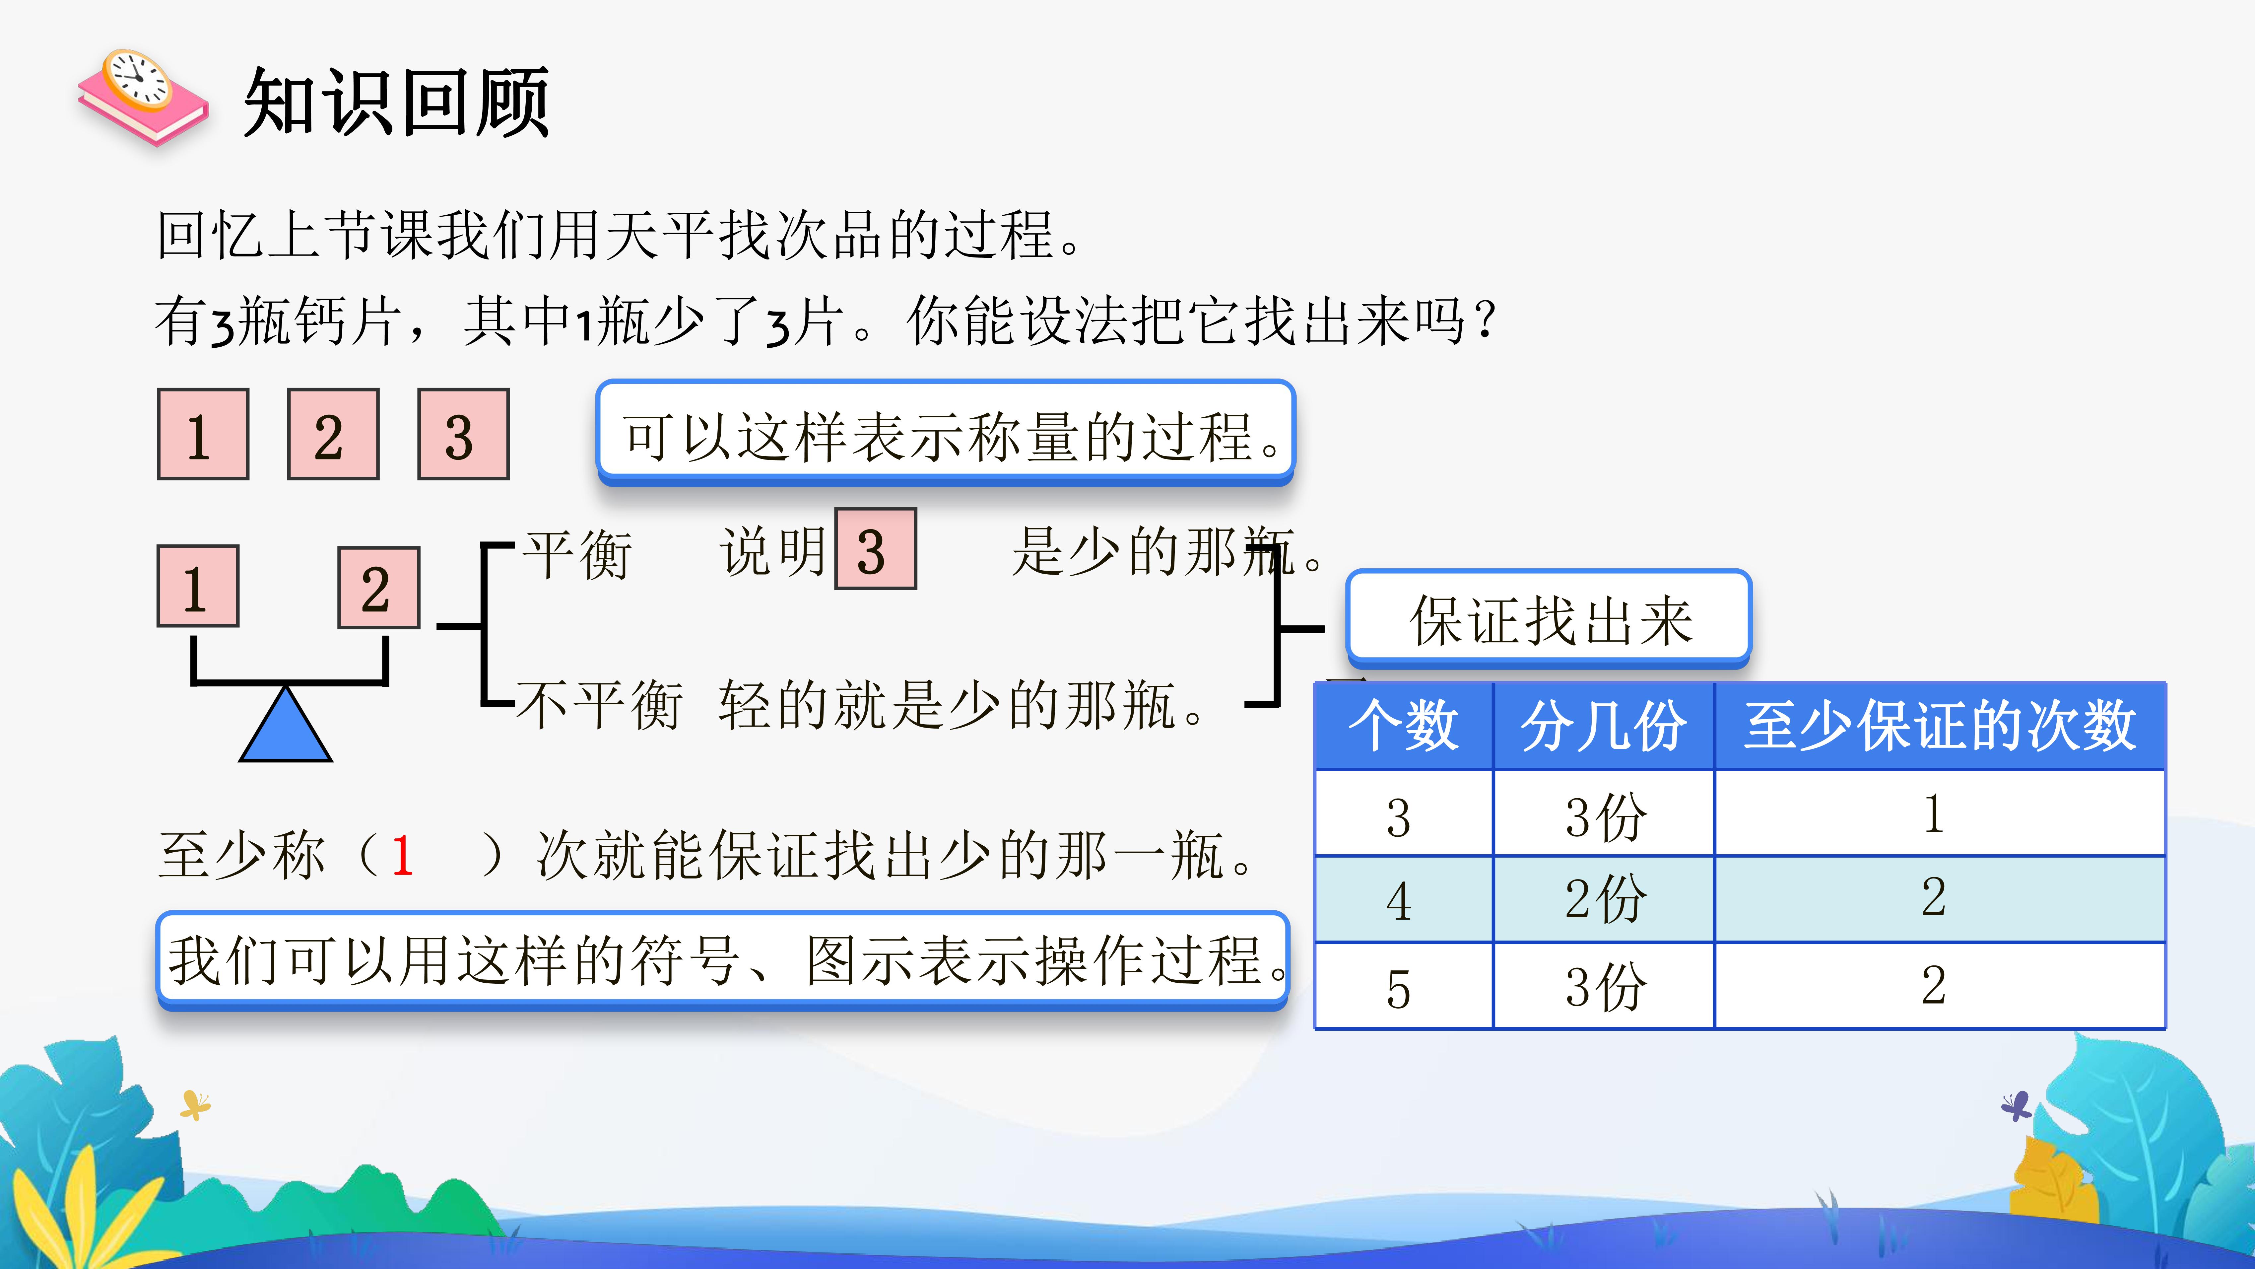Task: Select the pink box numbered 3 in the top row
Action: pos(463,434)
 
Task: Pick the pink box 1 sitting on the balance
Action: pos(198,586)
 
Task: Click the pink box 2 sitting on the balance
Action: pos(379,588)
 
